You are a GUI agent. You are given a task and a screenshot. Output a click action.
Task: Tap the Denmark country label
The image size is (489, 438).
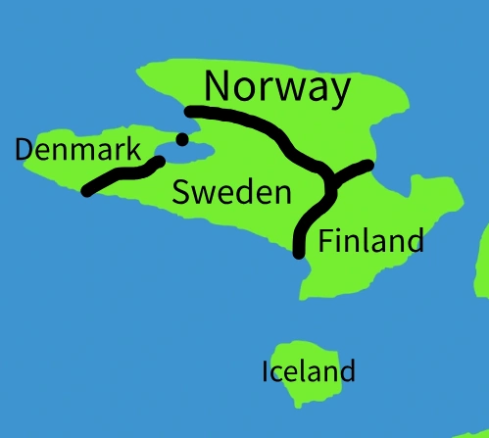[73, 150]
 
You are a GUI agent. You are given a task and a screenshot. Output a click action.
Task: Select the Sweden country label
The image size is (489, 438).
[231, 191]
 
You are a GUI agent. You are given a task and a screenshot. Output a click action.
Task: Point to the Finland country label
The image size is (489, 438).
[371, 240]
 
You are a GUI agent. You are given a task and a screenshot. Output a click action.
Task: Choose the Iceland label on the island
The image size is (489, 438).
[308, 372]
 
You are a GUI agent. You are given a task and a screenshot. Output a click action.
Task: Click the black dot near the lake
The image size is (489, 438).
[181, 138]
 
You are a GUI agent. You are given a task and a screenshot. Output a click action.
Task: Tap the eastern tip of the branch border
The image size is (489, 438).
[368, 165]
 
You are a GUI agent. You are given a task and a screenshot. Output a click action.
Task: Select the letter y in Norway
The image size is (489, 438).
[337, 92]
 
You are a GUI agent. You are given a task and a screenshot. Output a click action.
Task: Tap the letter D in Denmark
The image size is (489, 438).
[24, 150]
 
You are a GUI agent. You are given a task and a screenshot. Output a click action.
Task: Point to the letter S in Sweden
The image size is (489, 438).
[181, 191]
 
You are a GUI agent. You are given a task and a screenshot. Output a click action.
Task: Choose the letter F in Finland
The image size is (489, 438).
[326, 240]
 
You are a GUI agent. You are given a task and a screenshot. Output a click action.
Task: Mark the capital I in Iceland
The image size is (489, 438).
[266, 372]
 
